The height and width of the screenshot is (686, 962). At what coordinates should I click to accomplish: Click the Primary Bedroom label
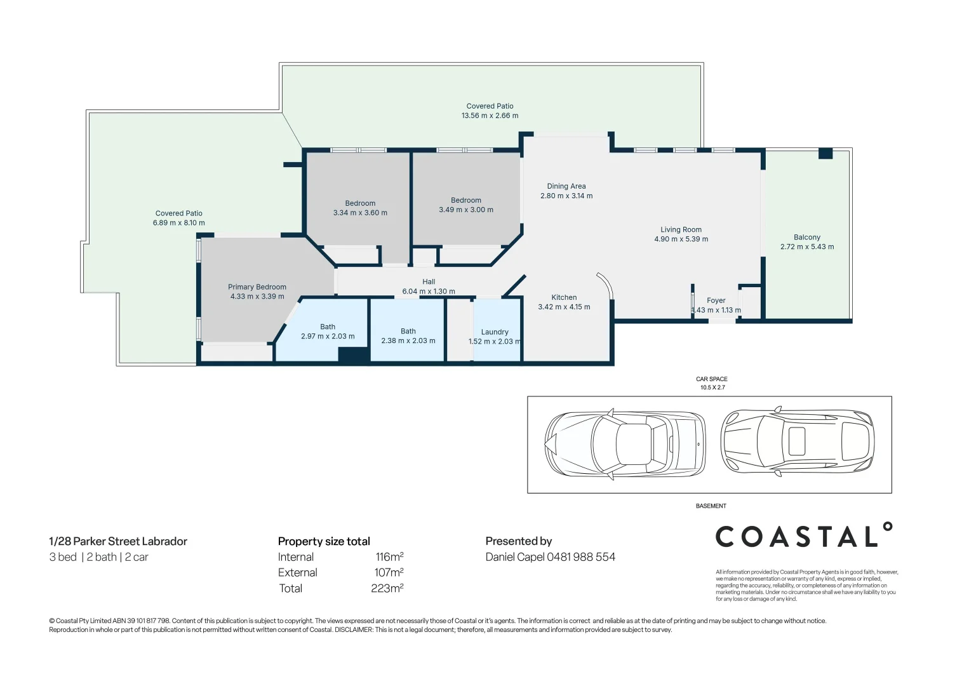[x=257, y=287]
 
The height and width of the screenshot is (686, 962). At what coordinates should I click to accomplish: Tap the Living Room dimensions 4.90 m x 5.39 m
[x=681, y=239]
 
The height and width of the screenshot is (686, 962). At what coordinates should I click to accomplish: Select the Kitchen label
[x=564, y=297]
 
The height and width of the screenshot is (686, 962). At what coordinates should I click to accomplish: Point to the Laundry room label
[x=495, y=332]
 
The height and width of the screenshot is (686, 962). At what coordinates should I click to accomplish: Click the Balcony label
[x=806, y=238]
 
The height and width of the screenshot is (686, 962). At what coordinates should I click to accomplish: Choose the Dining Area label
[x=566, y=187]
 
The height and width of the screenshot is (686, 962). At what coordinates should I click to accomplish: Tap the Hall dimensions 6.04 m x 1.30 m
[x=429, y=292]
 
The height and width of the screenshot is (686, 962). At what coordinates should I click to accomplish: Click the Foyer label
[x=716, y=300]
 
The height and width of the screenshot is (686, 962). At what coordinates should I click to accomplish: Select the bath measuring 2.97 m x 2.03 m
[x=328, y=332]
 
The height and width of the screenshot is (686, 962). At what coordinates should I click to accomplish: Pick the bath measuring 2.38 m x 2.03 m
[x=408, y=336]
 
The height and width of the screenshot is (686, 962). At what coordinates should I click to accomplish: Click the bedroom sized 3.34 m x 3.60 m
[x=360, y=208]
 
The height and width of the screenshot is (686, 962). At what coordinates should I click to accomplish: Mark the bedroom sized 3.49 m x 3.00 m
[x=466, y=205]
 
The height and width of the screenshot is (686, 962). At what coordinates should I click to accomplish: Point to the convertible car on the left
[x=625, y=444]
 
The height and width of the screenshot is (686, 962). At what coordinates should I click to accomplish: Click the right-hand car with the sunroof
[x=797, y=442]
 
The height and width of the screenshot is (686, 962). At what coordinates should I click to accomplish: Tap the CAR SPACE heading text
[x=711, y=379]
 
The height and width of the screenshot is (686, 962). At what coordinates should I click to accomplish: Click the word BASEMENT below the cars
[x=711, y=506]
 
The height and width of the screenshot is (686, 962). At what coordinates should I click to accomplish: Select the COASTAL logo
[x=803, y=537]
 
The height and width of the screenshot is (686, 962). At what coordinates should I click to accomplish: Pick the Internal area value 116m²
[x=389, y=557]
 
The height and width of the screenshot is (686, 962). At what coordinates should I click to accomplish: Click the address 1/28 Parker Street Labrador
[x=118, y=542]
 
